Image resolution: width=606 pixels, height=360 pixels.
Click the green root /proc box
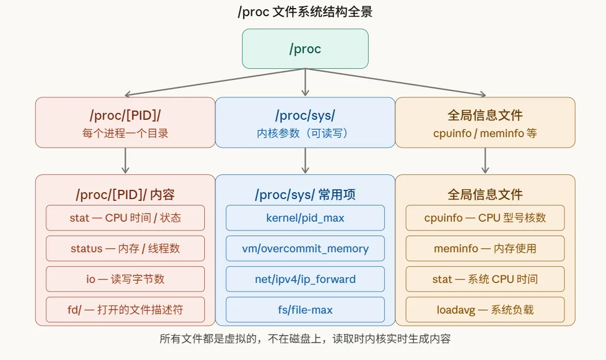[x=305, y=49]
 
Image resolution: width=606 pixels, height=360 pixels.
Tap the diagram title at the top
[x=305, y=12]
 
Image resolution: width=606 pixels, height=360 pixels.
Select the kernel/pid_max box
[x=305, y=218]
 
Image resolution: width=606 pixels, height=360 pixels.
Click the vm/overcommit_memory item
[x=305, y=249]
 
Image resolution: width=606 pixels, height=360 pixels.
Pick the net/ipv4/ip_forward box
[x=305, y=279]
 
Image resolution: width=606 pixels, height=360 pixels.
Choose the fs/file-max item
[x=305, y=310]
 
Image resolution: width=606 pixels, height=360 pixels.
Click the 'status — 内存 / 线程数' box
[x=125, y=249]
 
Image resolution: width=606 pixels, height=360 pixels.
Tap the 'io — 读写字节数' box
[x=125, y=279]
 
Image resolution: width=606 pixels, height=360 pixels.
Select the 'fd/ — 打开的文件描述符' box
[x=125, y=310]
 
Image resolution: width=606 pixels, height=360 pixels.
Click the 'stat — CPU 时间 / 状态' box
[x=125, y=218]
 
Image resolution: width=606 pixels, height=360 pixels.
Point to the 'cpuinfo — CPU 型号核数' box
[x=485, y=218]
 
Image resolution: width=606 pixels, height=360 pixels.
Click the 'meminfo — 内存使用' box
[x=485, y=249]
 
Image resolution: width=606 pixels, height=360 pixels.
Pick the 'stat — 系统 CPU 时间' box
[x=485, y=279]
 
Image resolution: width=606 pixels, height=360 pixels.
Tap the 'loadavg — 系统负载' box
[x=485, y=310]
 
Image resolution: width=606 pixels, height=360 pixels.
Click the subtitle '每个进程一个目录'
[x=125, y=133]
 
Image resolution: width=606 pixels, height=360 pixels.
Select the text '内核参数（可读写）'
[x=305, y=133]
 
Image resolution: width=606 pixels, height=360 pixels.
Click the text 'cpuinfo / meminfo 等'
[x=485, y=133]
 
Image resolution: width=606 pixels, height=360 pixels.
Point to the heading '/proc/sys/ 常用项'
[x=305, y=195]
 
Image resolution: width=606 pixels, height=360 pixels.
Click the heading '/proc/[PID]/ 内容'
[x=125, y=195]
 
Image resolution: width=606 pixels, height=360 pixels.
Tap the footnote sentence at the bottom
[x=305, y=339]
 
